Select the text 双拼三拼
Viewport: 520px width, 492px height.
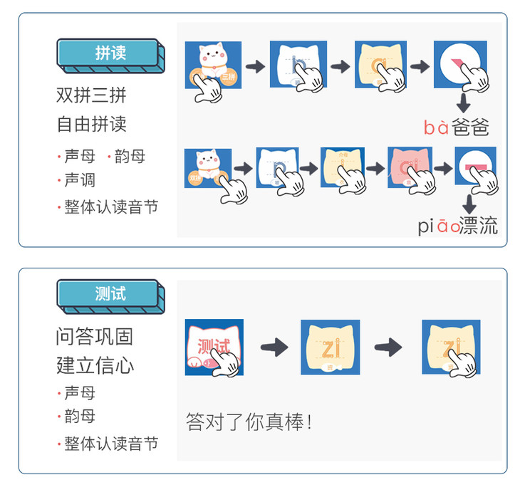coord(91,95)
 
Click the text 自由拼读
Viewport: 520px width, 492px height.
coord(91,124)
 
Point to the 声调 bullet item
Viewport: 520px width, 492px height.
coord(79,180)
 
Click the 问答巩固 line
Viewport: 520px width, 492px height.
coord(94,336)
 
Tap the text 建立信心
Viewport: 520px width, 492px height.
coord(94,366)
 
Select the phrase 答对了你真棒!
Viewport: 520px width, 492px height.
coord(249,422)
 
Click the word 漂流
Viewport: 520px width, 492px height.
coord(478,226)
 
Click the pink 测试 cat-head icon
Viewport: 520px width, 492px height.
coord(213,347)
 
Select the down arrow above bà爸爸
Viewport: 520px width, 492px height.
coord(464,101)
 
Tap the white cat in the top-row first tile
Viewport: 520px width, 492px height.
coord(210,61)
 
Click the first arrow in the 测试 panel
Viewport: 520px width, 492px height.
coord(274,347)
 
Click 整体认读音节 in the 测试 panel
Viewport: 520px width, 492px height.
coord(111,444)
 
